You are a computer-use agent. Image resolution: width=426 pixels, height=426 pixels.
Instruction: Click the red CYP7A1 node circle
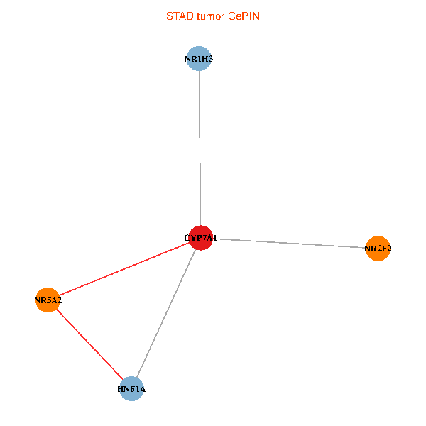[202, 238]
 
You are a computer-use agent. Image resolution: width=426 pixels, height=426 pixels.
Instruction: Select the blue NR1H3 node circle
[199, 59]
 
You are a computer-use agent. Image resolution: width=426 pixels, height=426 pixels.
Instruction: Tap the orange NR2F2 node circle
[378, 248]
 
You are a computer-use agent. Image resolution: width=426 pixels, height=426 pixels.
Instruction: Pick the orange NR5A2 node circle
[48, 300]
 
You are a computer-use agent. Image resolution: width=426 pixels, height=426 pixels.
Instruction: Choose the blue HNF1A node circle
[131, 389]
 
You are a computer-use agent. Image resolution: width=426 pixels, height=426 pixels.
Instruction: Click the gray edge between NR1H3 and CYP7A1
[200, 149]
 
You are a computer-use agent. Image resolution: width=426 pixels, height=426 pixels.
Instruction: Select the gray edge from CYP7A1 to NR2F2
[291, 244]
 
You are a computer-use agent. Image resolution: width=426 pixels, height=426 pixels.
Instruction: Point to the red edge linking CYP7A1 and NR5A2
[124, 269]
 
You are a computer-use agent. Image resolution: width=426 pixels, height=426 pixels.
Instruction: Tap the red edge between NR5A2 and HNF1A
[89, 345]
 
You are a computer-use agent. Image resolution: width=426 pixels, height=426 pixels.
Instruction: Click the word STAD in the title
[179, 16]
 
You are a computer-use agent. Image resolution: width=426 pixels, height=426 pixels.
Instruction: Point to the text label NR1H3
[199, 59]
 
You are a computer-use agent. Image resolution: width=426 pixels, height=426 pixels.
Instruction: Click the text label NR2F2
[378, 248]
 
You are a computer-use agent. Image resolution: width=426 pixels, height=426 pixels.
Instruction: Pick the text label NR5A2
[48, 301]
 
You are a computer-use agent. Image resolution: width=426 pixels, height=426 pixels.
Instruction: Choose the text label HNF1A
[131, 390]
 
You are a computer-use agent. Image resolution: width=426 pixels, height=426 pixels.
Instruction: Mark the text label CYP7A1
[201, 238]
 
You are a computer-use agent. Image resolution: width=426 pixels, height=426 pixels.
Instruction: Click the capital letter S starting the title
[169, 16]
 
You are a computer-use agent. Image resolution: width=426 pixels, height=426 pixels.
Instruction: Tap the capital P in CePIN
[246, 16]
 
